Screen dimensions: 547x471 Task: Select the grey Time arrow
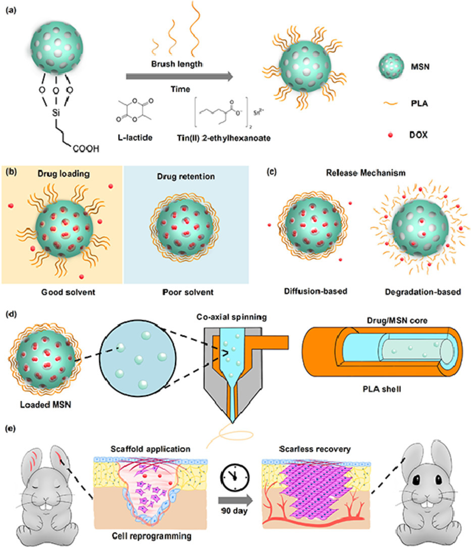click(179, 76)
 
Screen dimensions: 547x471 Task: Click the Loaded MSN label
click(42, 404)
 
